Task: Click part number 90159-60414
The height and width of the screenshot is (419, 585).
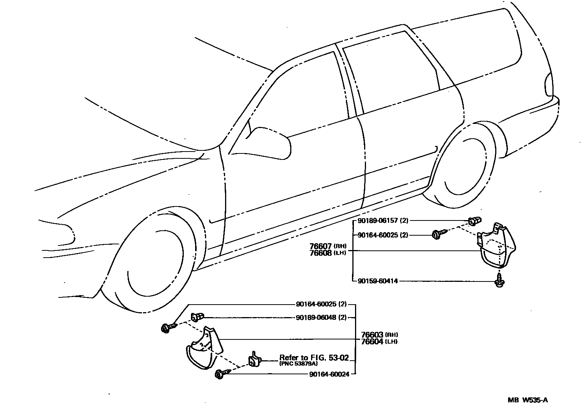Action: [x=378, y=281]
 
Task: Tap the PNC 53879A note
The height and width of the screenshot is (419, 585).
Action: [x=299, y=363]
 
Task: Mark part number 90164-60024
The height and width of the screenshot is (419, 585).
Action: [x=328, y=374]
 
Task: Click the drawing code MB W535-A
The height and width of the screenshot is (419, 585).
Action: [x=528, y=400]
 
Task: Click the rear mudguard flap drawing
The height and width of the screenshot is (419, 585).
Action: [x=496, y=248]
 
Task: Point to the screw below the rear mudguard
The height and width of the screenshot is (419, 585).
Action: [x=500, y=280]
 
